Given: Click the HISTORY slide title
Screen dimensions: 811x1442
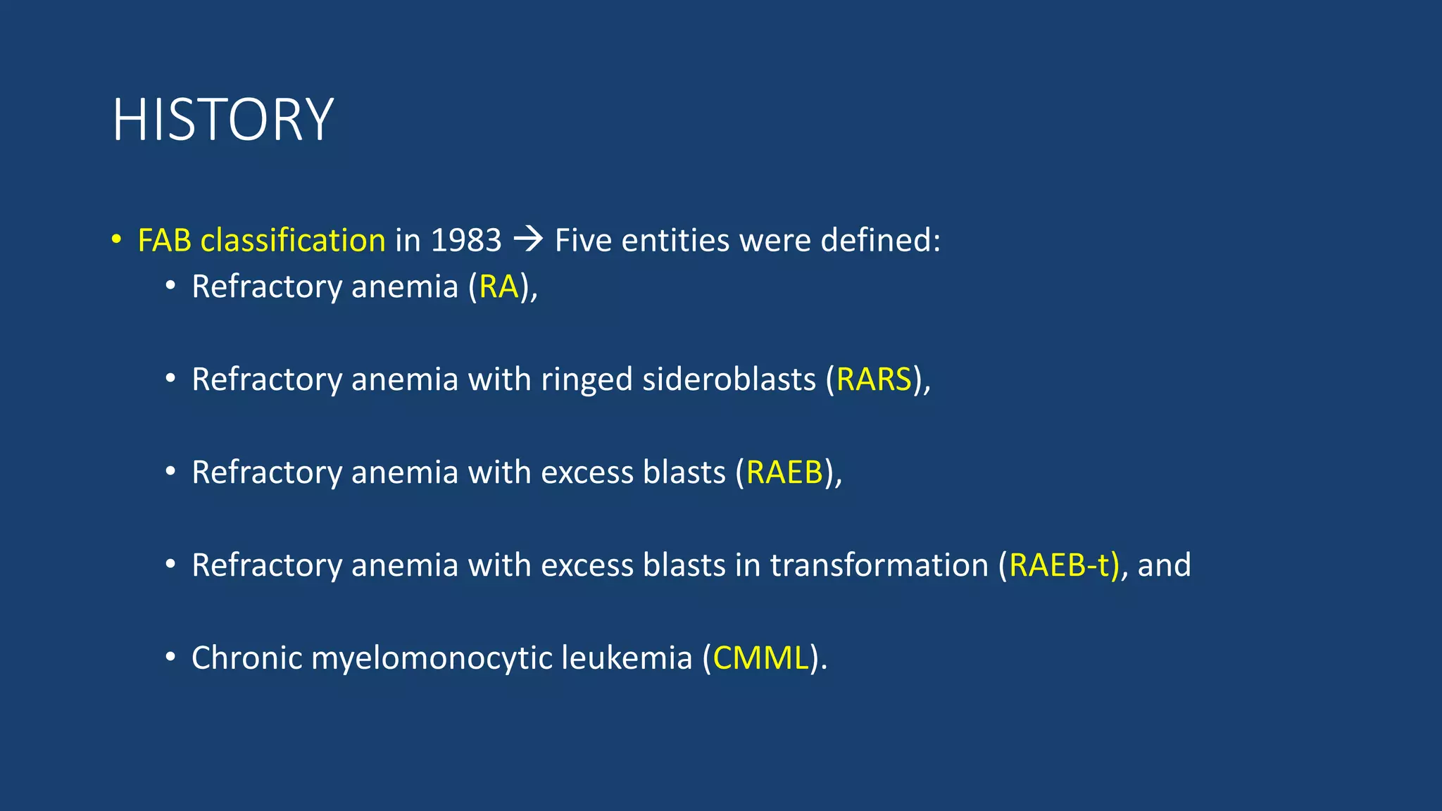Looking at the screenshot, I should (222, 120).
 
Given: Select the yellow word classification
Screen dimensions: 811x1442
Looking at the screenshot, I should (293, 241).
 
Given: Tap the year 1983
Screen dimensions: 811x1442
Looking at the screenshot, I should (466, 241).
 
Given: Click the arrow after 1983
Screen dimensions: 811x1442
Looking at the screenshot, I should (528, 240).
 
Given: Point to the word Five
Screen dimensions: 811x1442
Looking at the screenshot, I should (583, 241).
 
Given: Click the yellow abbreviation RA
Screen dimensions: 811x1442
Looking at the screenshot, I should (499, 287).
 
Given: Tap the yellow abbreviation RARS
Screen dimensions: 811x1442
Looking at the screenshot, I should (874, 379).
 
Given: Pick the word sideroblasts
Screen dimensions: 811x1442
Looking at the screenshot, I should (729, 379).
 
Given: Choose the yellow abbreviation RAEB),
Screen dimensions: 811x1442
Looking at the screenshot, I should (784, 472).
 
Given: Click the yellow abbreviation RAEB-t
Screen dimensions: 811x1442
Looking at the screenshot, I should (1063, 565).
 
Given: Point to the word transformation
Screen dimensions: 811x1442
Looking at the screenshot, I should (879, 565).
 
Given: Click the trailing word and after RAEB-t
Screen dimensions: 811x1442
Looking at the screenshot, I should (1164, 565).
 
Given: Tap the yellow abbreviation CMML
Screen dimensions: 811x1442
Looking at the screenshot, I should (760, 658).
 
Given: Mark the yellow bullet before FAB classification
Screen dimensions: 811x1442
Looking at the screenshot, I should (116, 239).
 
